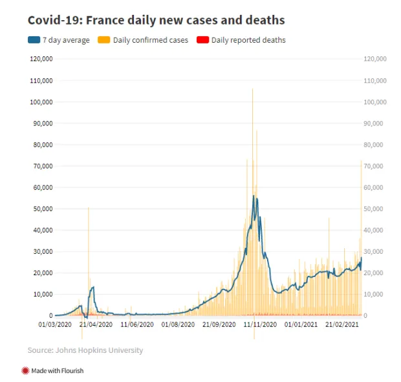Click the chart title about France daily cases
pyautogui.click(x=157, y=20)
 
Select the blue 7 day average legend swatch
pyautogui.click(x=34, y=40)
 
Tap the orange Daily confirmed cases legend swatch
pyautogui.click(x=104, y=40)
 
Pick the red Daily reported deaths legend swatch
pyautogui.click(x=203, y=40)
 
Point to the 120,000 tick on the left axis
pyautogui.click(x=41, y=59)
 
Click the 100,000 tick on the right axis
pyautogui.click(x=375, y=102)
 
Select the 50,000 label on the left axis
pyautogui.click(x=43, y=209)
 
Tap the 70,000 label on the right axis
pyautogui.click(x=373, y=166)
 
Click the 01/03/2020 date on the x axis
pyautogui.click(x=55, y=324)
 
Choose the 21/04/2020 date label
pyautogui.click(x=96, y=324)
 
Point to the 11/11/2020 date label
pyautogui.click(x=260, y=324)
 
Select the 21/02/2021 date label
pyautogui.click(x=342, y=324)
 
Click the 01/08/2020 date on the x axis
pyautogui.click(x=178, y=324)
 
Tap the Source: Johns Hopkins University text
pyautogui.click(x=85, y=350)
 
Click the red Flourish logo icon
pyautogui.click(x=25, y=370)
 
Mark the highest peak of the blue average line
pyautogui.click(x=254, y=196)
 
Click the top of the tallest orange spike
pyautogui.click(x=253, y=89)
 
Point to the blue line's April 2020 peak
pyautogui.click(x=94, y=287)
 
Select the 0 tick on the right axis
pyautogui.click(x=365, y=316)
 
